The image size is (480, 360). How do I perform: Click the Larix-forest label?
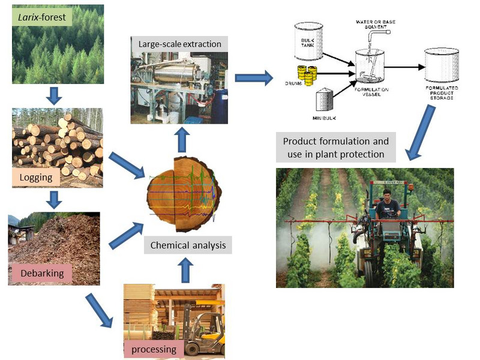click(x=41, y=17)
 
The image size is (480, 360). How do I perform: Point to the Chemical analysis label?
click(x=187, y=245)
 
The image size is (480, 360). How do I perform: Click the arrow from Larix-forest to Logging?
click(x=55, y=94)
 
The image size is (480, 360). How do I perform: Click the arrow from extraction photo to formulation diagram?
click(x=253, y=77)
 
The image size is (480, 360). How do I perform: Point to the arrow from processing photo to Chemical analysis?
click(x=185, y=269)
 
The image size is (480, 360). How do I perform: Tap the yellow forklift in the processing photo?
click(x=201, y=329)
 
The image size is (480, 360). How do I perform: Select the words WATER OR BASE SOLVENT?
click(x=378, y=25)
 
